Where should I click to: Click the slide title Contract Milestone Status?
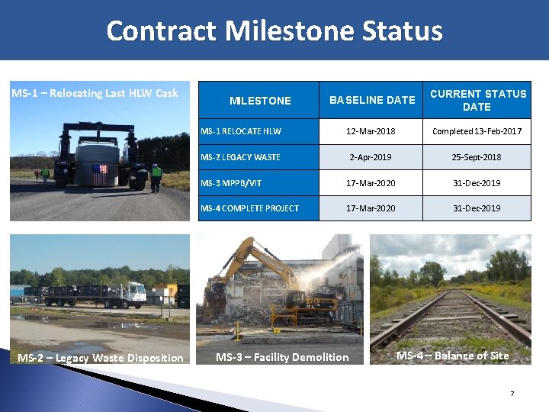pos(274,31)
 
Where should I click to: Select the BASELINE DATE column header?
pos(372,100)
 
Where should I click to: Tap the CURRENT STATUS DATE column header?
pos(477,100)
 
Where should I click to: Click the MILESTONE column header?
pos(260,101)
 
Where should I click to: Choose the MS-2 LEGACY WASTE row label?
pos(240,157)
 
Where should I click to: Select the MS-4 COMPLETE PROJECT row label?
pos(249,208)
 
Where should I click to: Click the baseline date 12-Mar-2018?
pos(371,131)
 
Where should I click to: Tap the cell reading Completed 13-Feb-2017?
pos(477,131)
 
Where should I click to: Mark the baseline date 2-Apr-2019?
pos(371,157)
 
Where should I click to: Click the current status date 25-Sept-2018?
pos(477,157)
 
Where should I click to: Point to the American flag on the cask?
pos(99,175)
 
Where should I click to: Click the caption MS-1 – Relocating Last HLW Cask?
pos(95,93)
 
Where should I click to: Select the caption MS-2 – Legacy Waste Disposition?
pos(101,358)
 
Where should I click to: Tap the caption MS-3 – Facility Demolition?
pos(282,357)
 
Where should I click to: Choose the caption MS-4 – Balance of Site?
pos(453,356)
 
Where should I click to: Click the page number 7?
pos(512,394)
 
